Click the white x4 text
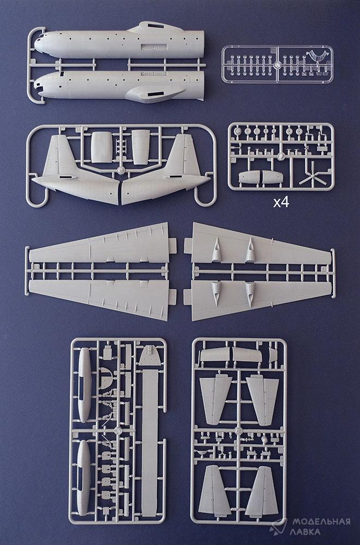click(281, 202)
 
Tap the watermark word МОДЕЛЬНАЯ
click(321, 522)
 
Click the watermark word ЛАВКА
click(307, 532)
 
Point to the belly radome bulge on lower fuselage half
click(154, 94)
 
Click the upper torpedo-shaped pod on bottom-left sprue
click(85, 385)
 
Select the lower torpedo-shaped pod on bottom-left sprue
click(83, 477)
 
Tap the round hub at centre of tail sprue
click(121, 171)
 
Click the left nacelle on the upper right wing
click(217, 250)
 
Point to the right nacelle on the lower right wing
click(250, 294)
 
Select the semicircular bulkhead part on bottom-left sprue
click(107, 378)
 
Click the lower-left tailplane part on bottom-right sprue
click(211, 490)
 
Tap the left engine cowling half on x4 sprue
click(249, 177)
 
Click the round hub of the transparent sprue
click(277, 65)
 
